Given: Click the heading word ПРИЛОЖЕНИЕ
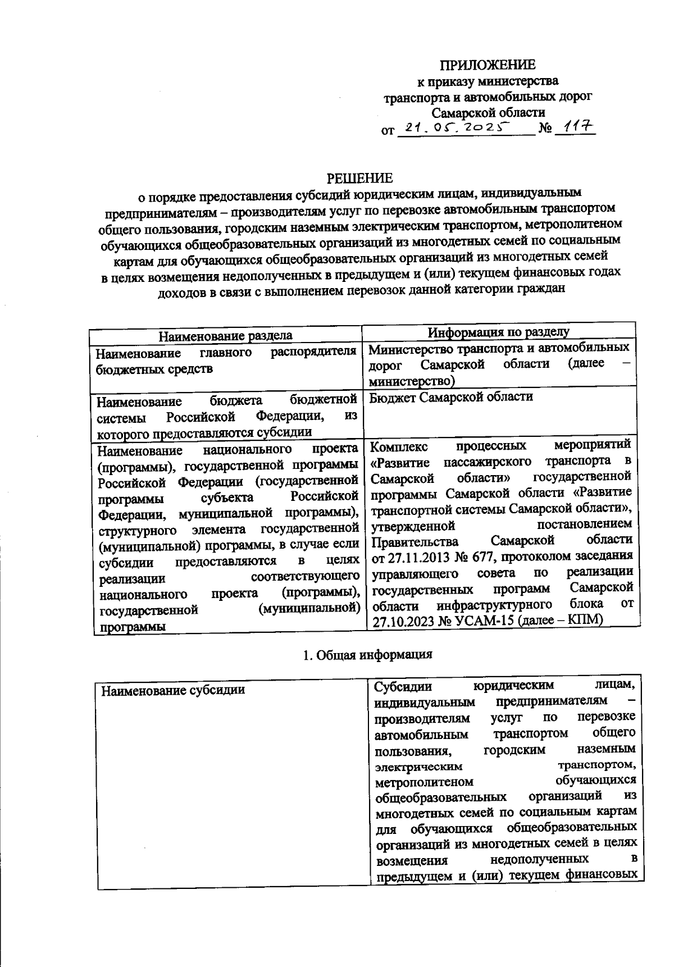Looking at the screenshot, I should tap(487, 65).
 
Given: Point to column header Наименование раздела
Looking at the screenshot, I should tap(225, 336).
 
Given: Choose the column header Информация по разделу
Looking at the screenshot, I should tap(498, 332).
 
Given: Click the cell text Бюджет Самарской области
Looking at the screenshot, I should tap(451, 397).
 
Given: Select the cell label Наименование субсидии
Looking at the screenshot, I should tap(173, 690).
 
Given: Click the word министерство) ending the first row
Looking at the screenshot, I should tap(411, 381).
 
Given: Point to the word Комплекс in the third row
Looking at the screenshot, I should tap(399, 446).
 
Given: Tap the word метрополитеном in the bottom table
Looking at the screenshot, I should tap(424, 782).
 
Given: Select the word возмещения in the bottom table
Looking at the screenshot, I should tap(411, 861).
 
